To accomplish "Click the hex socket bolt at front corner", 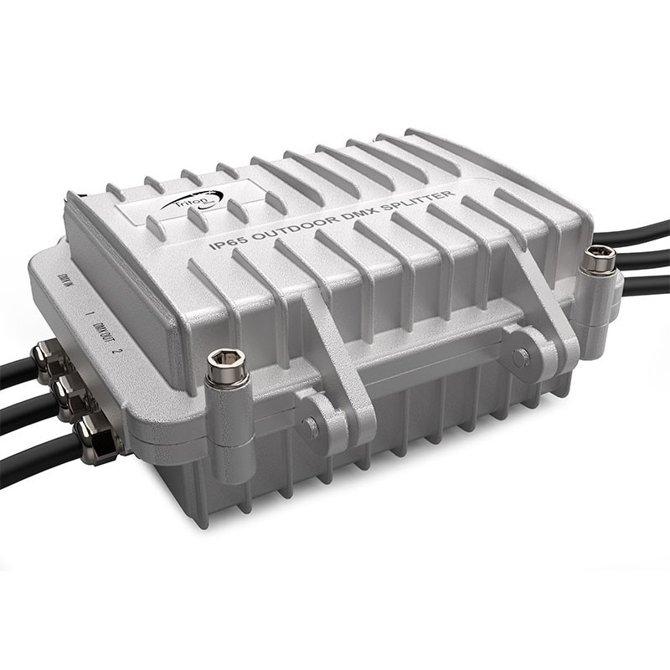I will point(229,367).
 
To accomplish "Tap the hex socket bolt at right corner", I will point(600,260).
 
